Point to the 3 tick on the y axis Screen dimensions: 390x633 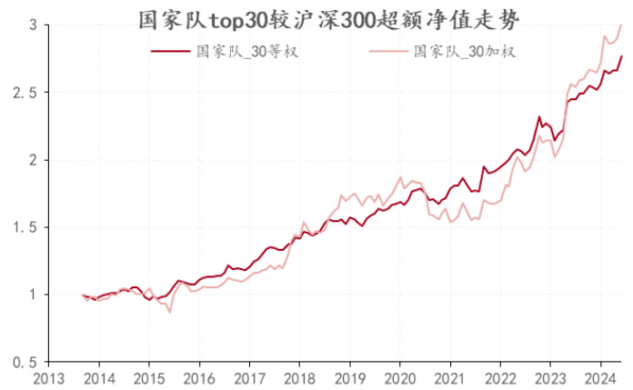[30, 25]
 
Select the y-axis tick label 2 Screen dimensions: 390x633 [30, 160]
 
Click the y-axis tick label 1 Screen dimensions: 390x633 [30, 295]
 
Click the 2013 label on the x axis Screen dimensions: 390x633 [49, 376]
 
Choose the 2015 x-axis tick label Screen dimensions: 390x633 [149, 376]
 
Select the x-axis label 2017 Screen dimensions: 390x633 [249, 376]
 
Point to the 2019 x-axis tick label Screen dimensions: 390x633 [349, 376]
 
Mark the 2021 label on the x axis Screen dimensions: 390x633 [449, 376]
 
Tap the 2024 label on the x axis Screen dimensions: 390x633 [598, 376]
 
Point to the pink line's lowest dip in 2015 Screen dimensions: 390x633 [169, 313]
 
